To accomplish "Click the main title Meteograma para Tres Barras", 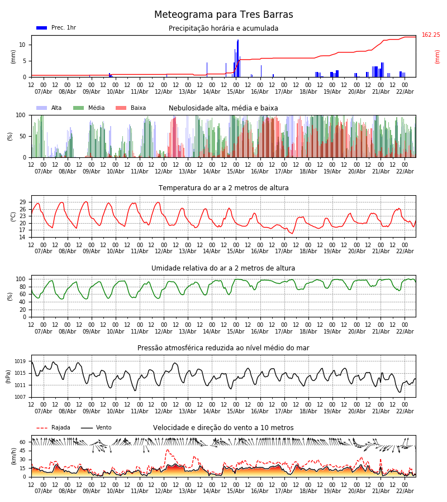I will tap(223, 15).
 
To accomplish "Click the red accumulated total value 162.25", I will tap(431, 35).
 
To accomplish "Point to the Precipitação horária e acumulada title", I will tap(223, 28).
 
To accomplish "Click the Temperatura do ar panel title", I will tap(223, 188).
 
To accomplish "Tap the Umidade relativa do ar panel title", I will tap(223, 268).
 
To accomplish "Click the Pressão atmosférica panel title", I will tap(223, 348).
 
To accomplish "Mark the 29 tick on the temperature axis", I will tap(23, 202).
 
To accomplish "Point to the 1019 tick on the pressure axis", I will tap(20, 361).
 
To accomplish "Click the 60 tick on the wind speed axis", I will tap(23, 442).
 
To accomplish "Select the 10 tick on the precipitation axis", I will tap(23, 45).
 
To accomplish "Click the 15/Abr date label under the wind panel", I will tap(236, 491).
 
